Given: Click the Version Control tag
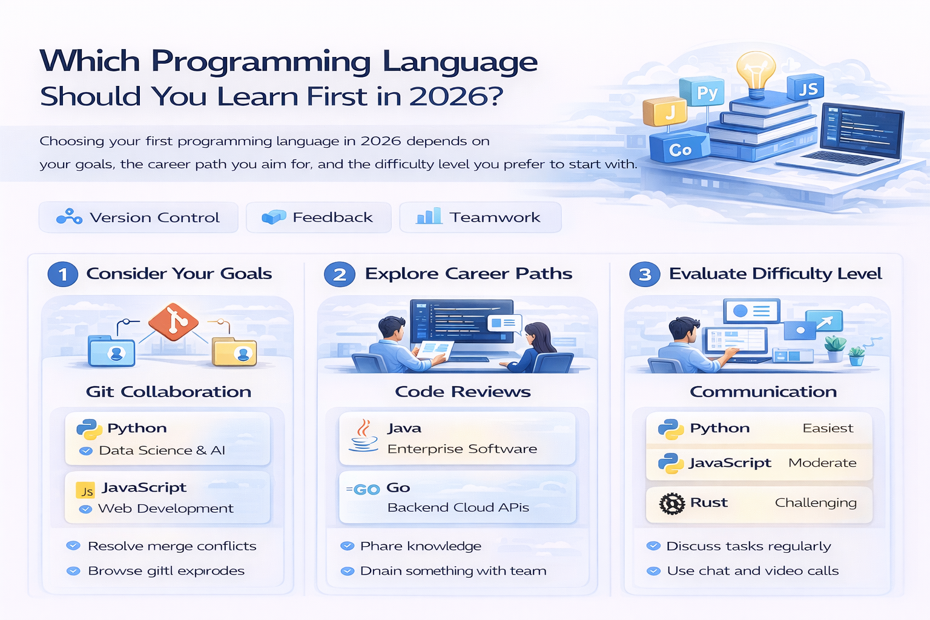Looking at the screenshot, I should pyautogui.click(x=138, y=217).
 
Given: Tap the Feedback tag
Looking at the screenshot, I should pyautogui.click(x=318, y=217).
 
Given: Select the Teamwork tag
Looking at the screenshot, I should pyautogui.click(x=480, y=217).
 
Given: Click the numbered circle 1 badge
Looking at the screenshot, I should pyautogui.click(x=63, y=274).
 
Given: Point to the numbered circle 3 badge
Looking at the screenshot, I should pyautogui.click(x=645, y=274).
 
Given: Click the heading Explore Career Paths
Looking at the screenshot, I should pyautogui.click(x=468, y=274).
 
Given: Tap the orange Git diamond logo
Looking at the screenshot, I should pyautogui.click(x=174, y=321).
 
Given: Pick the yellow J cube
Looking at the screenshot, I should pyautogui.click(x=665, y=112).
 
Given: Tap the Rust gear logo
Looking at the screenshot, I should pyautogui.click(x=671, y=503).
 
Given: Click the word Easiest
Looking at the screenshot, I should pyautogui.click(x=828, y=428).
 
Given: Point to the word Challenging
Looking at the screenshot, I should pyautogui.click(x=816, y=503).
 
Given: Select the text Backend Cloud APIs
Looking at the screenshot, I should pyautogui.click(x=458, y=507).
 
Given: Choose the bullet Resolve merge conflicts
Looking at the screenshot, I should pyautogui.click(x=172, y=546).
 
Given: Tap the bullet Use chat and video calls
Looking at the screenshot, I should pyautogui.click(x=753, y=571).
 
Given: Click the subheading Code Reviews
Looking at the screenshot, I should pyautogui.click(x=463, y=392).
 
